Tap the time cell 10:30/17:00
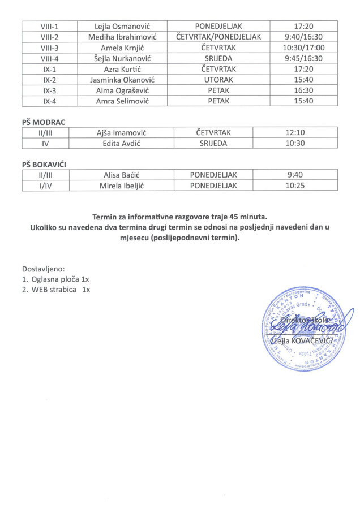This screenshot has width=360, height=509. pos(303,48)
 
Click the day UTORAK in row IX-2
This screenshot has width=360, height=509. pos(218,80)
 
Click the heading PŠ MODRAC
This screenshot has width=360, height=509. pos(42,122)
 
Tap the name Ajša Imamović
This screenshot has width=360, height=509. pos(121,132)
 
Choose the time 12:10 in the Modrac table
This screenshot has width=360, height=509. pos(295,132)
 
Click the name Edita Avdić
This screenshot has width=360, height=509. pos(121,143)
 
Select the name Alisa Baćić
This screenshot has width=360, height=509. pos(121,175)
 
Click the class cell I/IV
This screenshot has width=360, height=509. pos(46,186)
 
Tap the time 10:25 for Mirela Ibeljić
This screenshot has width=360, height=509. pos(295,186)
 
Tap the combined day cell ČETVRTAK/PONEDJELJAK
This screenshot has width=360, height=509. pos(218,37)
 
